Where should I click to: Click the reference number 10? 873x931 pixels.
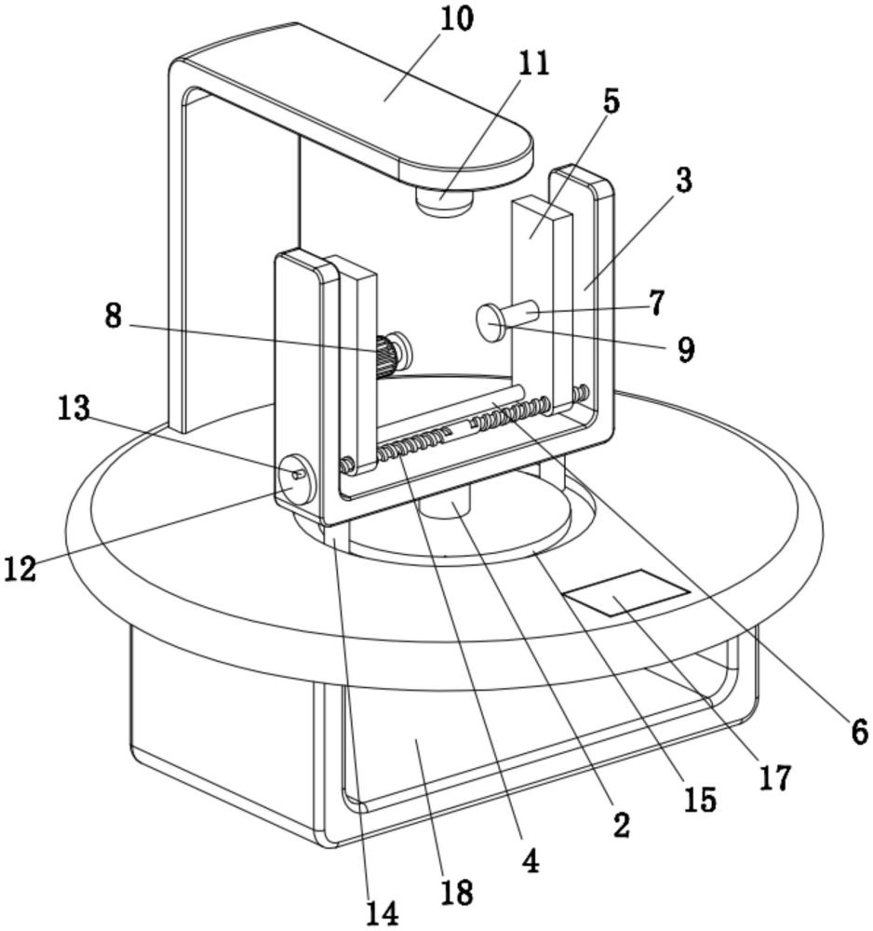[456, 20]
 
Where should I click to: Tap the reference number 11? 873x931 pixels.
[533, 63]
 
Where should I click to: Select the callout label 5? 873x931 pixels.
[611, 101]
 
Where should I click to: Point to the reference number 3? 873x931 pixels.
[684, 181]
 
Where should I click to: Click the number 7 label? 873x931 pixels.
[657, 303]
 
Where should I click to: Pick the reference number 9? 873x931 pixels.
[685, 350]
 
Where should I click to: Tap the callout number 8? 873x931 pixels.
[113, 316]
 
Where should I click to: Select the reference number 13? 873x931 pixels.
[74, 408]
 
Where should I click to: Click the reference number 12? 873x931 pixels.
[20, 568]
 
